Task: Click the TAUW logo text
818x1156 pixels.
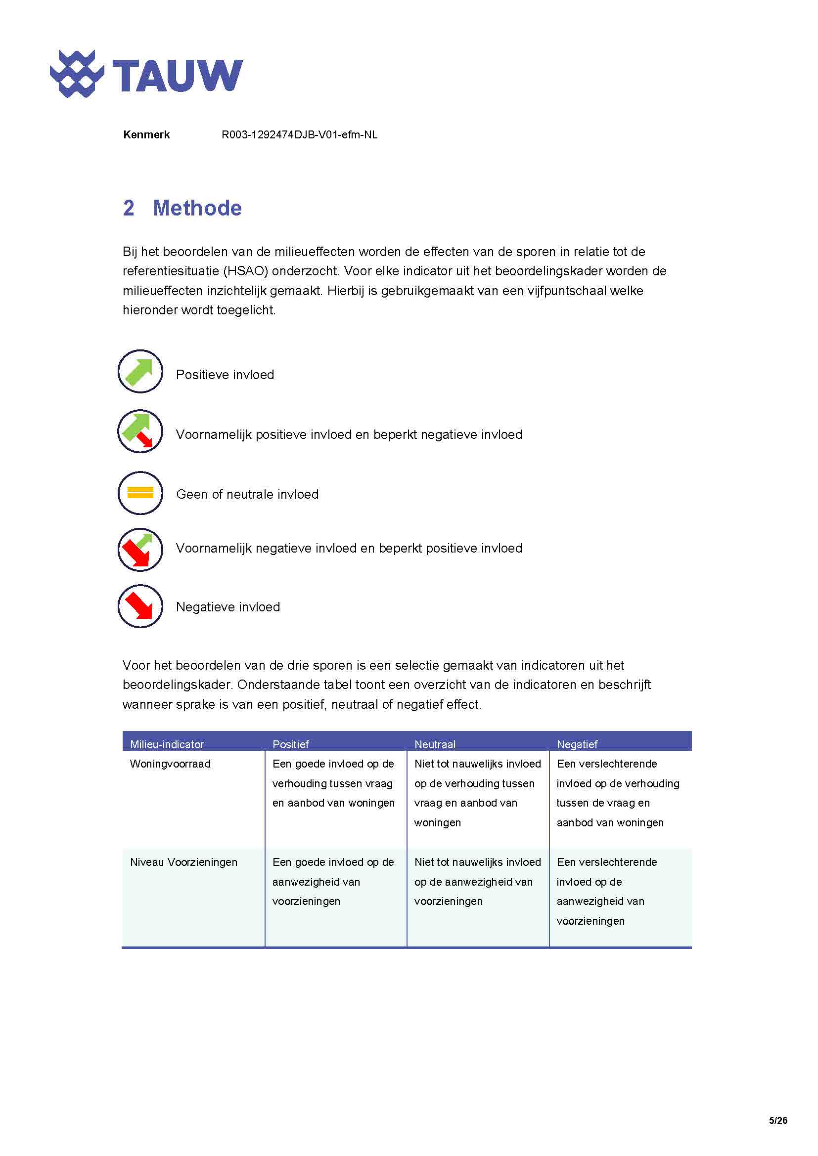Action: click(x=178, y=76)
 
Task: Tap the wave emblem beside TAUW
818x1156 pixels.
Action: click(x=77, y=74)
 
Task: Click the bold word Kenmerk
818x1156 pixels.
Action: click(x=146, y=134)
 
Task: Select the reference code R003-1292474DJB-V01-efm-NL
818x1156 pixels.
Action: click(x=299, y=134)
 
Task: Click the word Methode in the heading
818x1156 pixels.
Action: click(x=197, y=208)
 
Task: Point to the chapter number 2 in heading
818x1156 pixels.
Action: click(x=129, y=208)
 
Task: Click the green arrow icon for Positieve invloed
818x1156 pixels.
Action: click(x=140, y=372)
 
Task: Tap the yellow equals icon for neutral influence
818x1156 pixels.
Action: click(x=140, y=493)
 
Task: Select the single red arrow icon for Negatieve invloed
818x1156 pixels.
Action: click(x=140, y=606)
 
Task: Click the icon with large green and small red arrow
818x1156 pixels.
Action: click(x=140, y=431)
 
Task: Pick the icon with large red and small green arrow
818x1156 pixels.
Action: click(x=140, y=550)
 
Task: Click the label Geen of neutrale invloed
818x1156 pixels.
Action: click(x=247, y=494)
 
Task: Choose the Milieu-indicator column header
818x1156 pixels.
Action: click(x=167, y=744)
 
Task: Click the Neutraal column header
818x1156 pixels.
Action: click(x=435, y=744)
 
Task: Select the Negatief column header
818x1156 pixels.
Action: click(x=577, y=744)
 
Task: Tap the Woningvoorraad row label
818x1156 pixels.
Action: click(x=170, y=764)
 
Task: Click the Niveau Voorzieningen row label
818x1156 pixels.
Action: click(x=183, y=862)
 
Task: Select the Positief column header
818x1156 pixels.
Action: click(x=290, y=744)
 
